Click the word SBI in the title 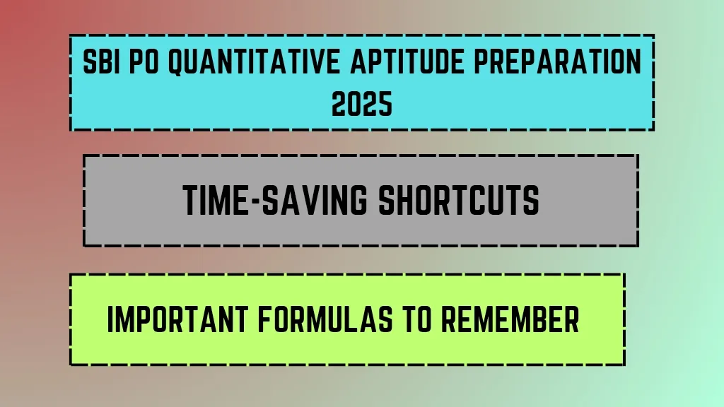(98, 61)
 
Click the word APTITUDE (407, 61)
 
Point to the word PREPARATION (558, 61)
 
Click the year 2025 (362, 104)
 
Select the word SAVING (315, 200)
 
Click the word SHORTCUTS (459, 200)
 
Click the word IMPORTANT (177, 319)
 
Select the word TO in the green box (417, 319)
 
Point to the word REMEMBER (510, 319)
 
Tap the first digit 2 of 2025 (339, 104)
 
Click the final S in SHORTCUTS (532, 200)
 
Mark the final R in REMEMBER (571, 319)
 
